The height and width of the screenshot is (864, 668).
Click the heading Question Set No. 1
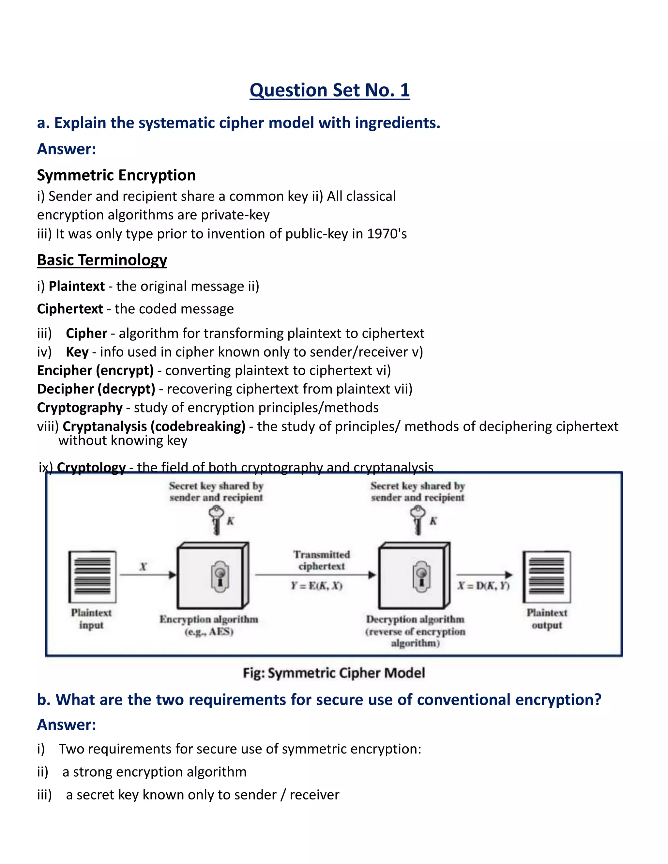(x=330, y=90)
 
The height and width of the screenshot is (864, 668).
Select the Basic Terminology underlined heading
(x=102, y=260)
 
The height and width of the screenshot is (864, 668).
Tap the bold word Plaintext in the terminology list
(x=77, y=286)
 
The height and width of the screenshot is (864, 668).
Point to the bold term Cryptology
(x=91, y=467)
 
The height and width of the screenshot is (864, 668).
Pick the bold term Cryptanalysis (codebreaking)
(x=154, y=426)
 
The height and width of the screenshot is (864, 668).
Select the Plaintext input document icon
(x=92, y=576)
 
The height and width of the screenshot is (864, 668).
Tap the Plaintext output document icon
(x=547, y=576)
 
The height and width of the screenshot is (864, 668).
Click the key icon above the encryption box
(x=216, y=520)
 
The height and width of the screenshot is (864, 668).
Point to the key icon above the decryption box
(x=417, y=520)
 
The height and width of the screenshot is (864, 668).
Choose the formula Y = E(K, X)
(x=317, y=586)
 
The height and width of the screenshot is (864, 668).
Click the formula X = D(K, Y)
(x=484, y=586)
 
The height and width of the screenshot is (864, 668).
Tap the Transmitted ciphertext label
(x=322, y=560)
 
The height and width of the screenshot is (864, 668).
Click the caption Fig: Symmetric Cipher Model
(x=334, y=673)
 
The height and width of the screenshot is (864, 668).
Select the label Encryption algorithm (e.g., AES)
(x=209, y=625)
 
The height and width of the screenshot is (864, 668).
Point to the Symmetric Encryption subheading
(x=116, y=175)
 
